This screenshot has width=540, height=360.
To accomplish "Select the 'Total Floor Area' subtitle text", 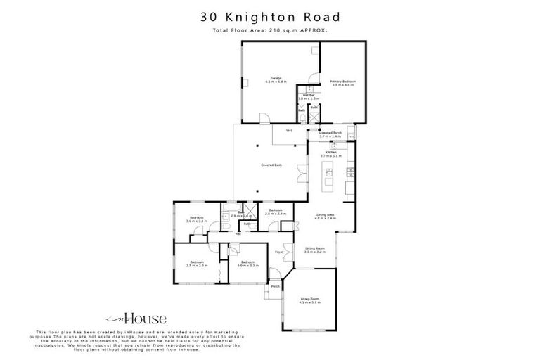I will (269, 32).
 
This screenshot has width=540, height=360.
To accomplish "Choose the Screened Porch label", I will (330, 134).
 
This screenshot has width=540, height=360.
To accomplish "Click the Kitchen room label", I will (330, 154).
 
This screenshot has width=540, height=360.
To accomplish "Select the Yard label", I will (289, 131).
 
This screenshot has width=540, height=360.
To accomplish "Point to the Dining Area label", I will (325, 217).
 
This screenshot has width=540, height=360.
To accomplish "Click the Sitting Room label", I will (314, 250).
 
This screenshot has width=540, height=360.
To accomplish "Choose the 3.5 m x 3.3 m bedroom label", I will (195, 264).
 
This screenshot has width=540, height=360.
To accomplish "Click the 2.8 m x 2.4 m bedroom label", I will (275, 211).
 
